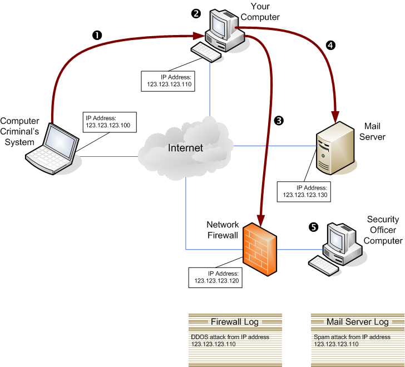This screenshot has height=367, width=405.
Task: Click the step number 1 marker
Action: [x=97, y=34]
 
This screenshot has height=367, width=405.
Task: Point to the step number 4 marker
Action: [x=331, y=46]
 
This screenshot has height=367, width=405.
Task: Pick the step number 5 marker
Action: [x=313, y=227]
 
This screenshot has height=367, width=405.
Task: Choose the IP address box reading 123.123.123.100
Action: [x=108, y=122]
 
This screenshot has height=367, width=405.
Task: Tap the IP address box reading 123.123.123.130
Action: [x=305, y=191]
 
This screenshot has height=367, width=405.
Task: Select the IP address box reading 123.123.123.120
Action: [x=216, y=277]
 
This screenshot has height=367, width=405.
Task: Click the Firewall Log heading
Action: [x=234, y=321]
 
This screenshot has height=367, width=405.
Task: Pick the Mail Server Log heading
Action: [x=357, y=321]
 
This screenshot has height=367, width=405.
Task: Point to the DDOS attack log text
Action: [x=230, y=340]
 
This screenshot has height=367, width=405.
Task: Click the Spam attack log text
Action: [x=352, y=340]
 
